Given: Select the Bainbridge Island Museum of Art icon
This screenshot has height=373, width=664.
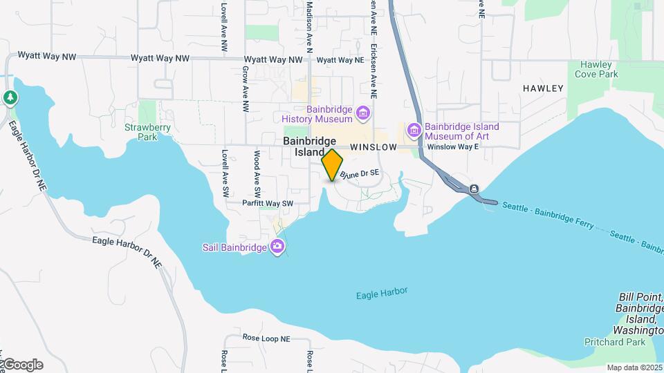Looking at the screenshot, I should [414, 130].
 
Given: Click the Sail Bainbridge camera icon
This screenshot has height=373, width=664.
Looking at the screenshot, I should [278, 247].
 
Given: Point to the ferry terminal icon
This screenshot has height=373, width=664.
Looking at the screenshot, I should [474, 189].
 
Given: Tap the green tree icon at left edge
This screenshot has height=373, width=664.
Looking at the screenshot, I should [10, 97].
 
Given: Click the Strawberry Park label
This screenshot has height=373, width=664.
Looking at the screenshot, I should [141, 132].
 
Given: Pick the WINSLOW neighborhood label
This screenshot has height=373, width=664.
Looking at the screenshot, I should [373, 147].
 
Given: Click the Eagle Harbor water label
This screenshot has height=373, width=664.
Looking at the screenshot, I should [382, 294].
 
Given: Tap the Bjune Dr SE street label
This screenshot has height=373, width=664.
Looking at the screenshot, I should [360, 175].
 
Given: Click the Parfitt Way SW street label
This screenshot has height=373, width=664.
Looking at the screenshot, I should [268, 203].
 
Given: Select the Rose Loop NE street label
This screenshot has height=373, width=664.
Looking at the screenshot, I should [266, 338].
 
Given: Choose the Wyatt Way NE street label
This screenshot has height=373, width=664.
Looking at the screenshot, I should [340, 60].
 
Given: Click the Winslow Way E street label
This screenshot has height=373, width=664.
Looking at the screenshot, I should [452, 147].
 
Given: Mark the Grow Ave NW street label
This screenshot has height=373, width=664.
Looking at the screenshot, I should [245, 90].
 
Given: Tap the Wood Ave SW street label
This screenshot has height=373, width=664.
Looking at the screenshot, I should [257, 172].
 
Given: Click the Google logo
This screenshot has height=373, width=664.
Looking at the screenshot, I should [22, 365].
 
